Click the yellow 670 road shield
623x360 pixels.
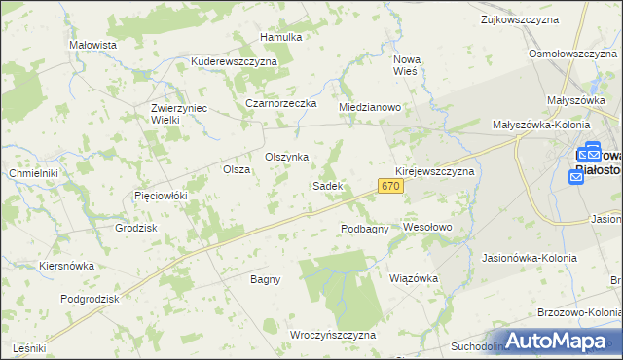(390, 186)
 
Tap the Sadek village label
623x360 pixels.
(326, 185)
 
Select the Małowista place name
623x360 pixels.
(93, 45)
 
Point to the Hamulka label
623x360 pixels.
(281, 37)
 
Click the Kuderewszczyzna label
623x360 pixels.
(235, 60)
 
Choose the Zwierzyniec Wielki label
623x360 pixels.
(179, 114)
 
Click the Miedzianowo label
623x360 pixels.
(370, 107)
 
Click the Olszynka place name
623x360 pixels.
(287, 157)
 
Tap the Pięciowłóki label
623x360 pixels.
(160, 196)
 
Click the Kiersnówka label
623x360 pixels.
(66, 265)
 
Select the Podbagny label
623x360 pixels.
(365, 229)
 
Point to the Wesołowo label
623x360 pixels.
(428, 227)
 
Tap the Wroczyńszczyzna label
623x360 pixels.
(333, 335)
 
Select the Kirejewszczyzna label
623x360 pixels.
(434, 170)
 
